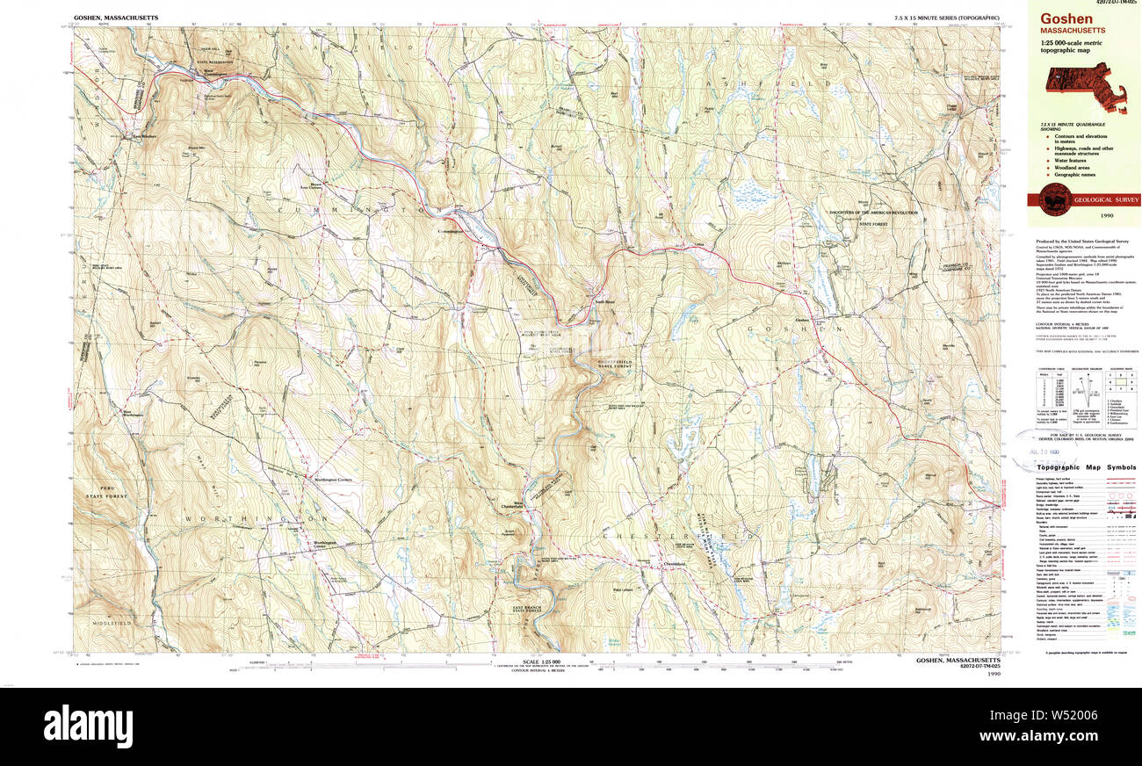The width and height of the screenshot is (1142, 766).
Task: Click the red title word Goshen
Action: click(x=1067, y=19)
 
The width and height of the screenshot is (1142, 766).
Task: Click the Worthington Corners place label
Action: click(x=322, y=480)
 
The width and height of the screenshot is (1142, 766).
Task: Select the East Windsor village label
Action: click(x=143, y=136)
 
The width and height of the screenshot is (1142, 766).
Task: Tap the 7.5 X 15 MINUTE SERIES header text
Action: click(x=946, y=18)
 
